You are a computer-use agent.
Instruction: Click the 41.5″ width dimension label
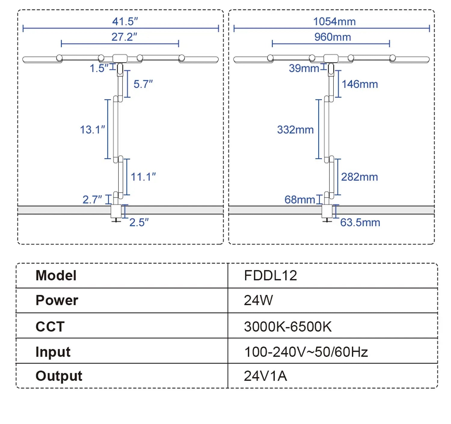125,21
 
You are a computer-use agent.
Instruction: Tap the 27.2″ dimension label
124,37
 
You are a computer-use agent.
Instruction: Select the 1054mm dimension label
334,22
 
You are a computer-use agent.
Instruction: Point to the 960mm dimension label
333,37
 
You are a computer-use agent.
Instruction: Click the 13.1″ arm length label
92,130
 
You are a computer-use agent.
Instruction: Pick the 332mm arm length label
295,130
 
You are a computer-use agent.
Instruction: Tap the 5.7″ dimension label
143,84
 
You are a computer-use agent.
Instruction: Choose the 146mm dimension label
360,84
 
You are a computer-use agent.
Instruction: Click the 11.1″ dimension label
143,177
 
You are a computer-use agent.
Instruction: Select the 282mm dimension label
359,177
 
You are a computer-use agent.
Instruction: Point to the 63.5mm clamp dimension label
360,223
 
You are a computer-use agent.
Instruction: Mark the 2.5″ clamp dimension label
139,223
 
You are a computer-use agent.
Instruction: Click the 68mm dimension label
299,200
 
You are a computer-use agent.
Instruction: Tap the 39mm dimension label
304,68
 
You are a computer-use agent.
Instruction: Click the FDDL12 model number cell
270,276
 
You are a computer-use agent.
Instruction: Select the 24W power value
258,300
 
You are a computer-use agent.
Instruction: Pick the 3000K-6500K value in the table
288,327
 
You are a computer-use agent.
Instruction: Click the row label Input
53,352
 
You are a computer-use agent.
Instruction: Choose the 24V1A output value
265,376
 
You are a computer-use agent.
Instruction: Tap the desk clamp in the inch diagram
116,212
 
